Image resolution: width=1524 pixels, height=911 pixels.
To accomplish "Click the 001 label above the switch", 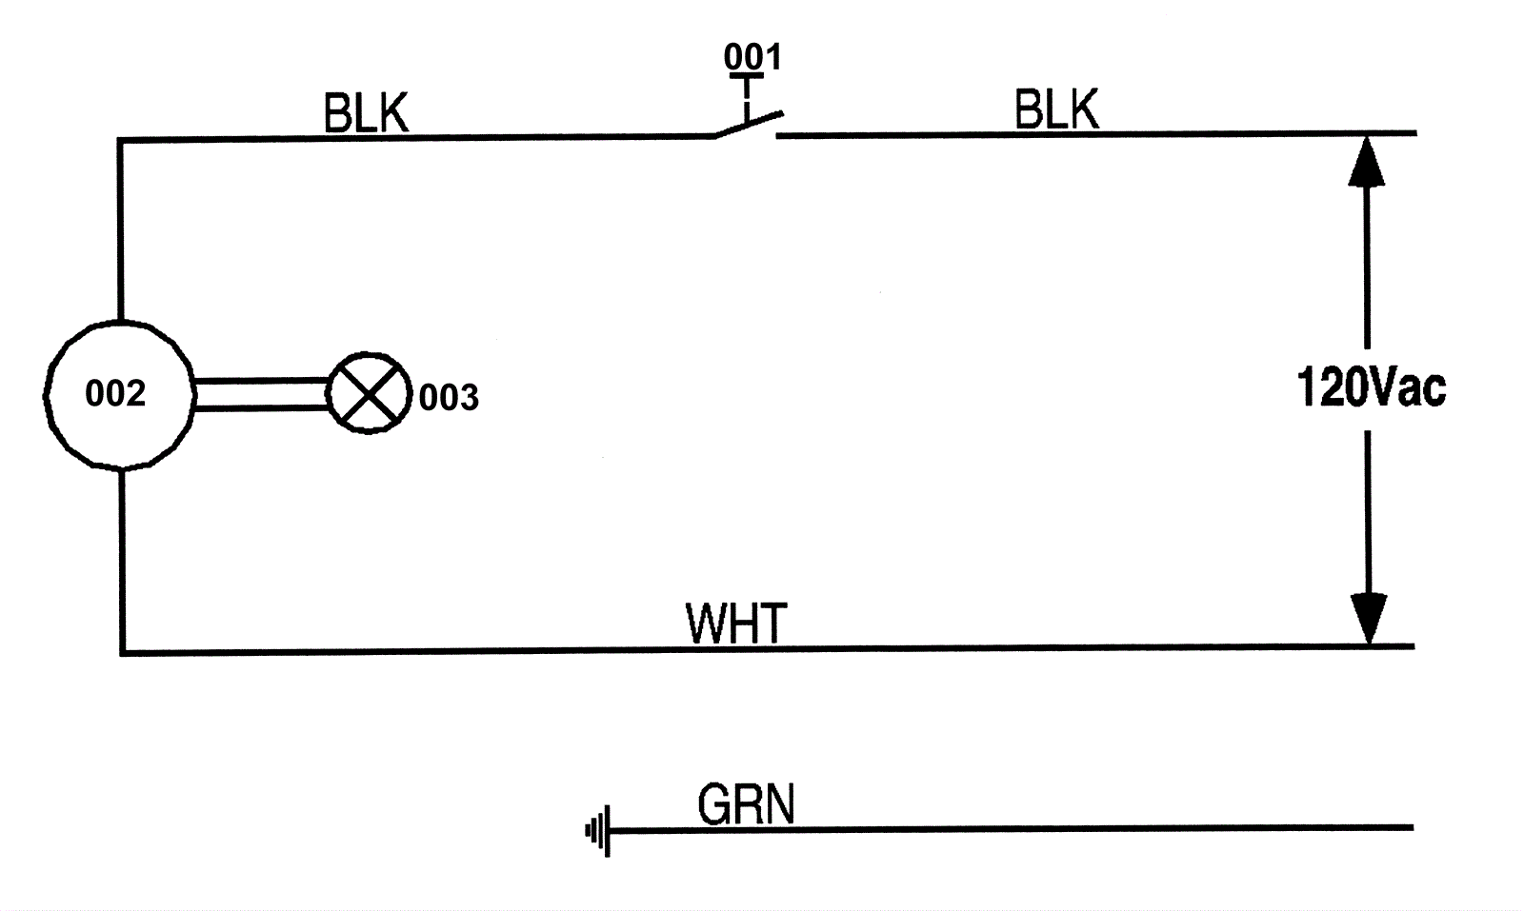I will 752,56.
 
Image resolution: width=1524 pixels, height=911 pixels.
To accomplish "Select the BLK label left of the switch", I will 366,115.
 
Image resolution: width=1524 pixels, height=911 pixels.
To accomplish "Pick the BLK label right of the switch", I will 1056,110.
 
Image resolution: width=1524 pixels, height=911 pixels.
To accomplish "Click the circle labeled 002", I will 119,394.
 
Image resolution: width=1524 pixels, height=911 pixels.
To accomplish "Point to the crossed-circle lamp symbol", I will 369,394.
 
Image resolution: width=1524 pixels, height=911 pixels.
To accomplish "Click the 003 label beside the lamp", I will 449,398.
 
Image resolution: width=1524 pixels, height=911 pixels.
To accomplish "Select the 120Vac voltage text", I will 1371,388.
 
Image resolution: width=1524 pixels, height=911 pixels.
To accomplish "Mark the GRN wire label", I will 746,805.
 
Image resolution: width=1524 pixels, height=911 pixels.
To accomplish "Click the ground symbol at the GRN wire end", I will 597,832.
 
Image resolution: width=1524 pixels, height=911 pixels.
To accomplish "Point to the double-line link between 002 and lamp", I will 261,394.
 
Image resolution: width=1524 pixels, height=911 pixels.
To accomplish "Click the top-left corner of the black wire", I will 121,141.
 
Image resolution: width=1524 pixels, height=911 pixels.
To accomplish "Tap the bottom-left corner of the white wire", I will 123,652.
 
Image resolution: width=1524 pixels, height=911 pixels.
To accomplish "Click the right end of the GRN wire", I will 1411,828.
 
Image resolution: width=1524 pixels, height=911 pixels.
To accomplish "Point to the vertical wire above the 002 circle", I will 120,228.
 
